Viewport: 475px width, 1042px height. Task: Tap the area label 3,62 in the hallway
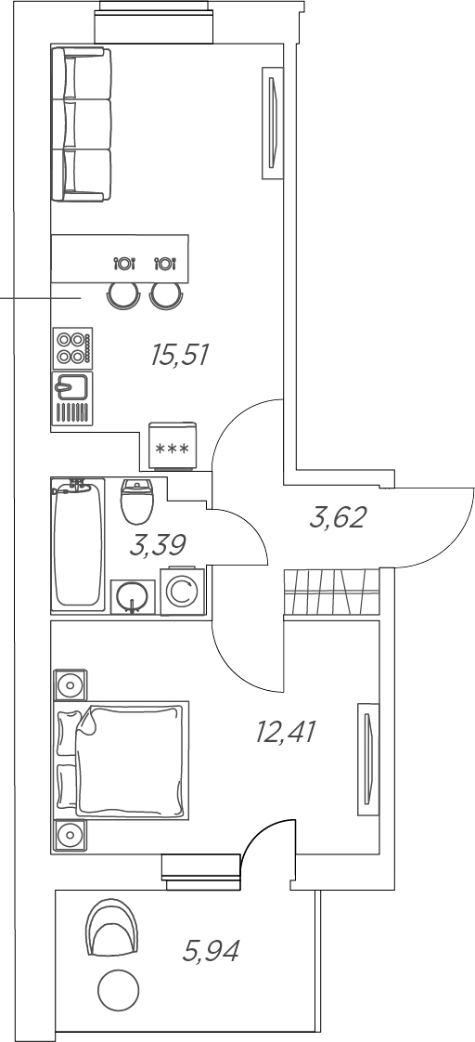(338, 517)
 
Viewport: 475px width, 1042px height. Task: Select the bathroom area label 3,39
(157, 545)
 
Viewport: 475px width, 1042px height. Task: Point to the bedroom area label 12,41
(285, 733)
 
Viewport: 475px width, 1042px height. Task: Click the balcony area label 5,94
(211, 951)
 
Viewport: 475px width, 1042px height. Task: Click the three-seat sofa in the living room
(82, 124)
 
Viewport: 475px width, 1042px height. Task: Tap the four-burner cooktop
(73, 348)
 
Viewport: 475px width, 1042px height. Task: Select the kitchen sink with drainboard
(73, 398)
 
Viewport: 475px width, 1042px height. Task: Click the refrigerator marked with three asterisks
(173, 445)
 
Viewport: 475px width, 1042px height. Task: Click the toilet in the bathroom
(137, 501)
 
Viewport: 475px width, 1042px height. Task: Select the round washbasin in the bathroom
(133, 596)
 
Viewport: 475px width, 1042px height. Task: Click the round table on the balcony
(118, 991)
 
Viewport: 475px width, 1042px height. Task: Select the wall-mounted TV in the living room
(272, 123)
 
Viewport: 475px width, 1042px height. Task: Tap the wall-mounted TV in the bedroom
(368, 759)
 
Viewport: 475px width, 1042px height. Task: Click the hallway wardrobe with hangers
(332, 592)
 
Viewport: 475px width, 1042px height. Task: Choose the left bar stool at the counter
(124, 294)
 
